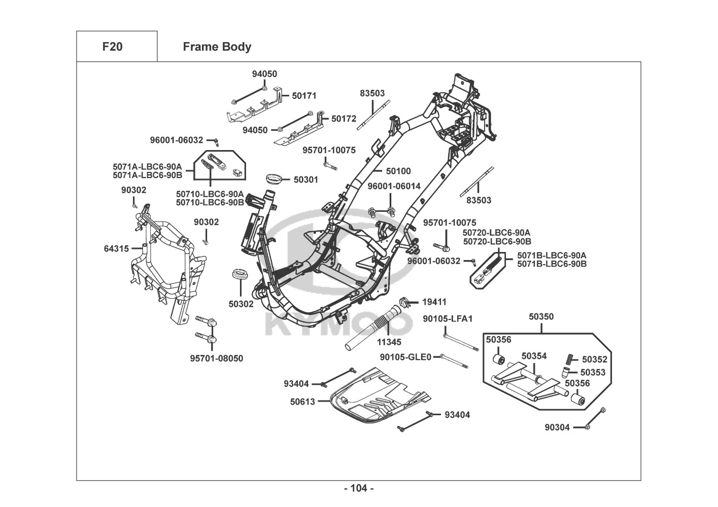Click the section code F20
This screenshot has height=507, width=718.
pos(112,47)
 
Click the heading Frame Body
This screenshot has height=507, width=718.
pos(217,47)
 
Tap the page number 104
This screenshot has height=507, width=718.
pos(359,488)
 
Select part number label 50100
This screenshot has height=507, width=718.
pos(398,171)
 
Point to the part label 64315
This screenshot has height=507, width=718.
pos(116,248)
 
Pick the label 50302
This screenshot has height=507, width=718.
pos(241,304)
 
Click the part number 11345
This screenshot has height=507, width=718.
pos(389,342)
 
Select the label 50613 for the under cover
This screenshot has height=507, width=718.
pos(302,402)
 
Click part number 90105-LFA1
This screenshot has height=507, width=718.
pos(448,318)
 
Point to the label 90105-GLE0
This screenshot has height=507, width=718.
pos(405,357)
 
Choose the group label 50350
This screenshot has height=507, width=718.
pos(541,316)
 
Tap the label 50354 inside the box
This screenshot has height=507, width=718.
pos(534,356)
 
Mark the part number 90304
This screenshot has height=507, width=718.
pos(557,427)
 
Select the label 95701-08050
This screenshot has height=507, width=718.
pos(217,358)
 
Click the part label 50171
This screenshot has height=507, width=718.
pos(304,95)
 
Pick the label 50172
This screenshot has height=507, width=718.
pos(344,119)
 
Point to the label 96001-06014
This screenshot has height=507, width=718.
pos(394,186)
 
